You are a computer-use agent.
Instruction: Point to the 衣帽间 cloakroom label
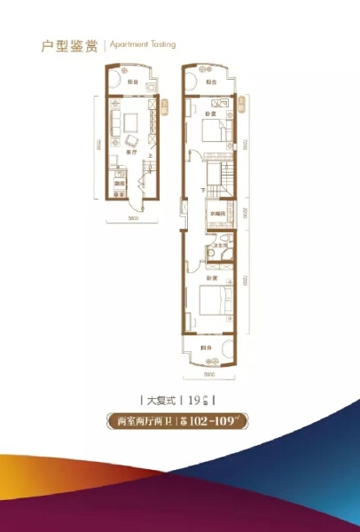[217, 213]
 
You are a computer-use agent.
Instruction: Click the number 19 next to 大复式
[194, 399]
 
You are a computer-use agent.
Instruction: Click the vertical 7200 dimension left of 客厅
[95, 142]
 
